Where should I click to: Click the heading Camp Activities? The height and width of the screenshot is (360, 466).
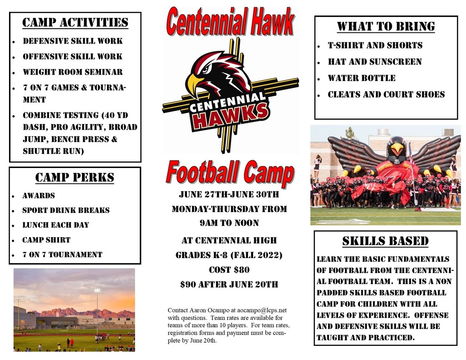(75, 23)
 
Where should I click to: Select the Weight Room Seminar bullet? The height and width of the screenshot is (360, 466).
(73, 72)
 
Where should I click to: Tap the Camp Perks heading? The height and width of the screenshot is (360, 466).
(75, 177)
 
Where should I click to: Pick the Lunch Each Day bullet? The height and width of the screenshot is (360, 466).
(56, 225)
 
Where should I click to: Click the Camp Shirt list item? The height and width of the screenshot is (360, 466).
(46, 240)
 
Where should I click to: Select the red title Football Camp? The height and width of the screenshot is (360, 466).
(230, 173)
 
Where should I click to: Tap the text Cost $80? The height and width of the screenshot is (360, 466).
(229, 269)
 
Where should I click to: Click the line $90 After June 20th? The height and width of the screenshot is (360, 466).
(229, 284)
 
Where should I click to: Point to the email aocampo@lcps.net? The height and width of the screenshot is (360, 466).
(262, 310)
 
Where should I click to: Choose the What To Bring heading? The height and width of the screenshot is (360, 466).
(386, 26)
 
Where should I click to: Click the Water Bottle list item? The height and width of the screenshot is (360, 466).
(362, 78)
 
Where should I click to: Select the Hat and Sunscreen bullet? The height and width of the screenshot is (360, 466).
(375, 61)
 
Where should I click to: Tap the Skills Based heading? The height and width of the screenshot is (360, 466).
(385, 241)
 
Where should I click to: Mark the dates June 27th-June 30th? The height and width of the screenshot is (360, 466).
(229, 194)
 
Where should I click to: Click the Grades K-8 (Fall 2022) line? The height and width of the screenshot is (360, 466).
(229, 255)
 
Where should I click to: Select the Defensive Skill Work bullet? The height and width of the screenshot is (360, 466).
(73, 41)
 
